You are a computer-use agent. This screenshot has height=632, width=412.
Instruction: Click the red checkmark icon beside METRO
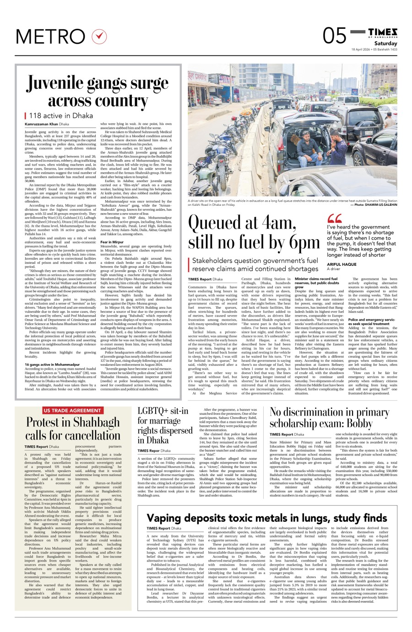point(99,36)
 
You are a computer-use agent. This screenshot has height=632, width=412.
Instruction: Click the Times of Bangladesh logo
point(383,32)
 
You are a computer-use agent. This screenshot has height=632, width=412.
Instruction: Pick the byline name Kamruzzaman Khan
point(41,124)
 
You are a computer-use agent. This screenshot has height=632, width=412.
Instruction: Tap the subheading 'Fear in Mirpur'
point(112,242)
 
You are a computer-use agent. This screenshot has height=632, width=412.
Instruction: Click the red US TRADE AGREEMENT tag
point(73,410)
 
